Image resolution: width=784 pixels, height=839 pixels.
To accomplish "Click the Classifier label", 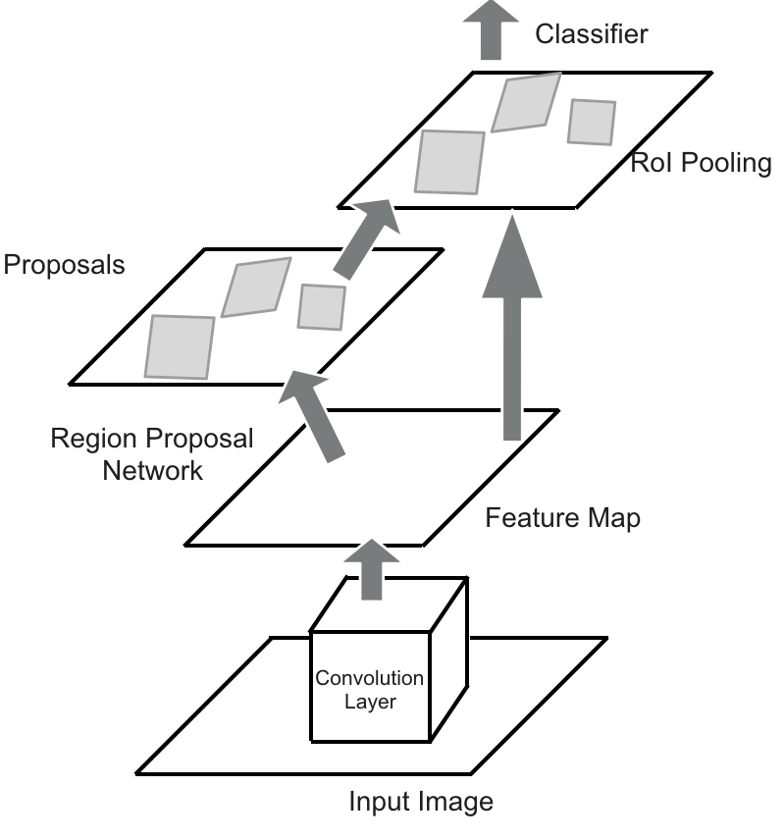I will tap(592, 35).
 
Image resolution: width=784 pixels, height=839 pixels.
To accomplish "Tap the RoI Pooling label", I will tap(701, 162).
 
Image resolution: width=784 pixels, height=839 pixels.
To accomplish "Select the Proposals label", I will tap(64, 265).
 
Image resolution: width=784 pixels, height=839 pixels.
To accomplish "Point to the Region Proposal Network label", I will tap(152, 453).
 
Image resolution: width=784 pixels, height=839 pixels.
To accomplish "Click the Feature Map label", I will tap(562, 517).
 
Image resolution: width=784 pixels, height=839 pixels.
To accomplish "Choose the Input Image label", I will tap(421, 802).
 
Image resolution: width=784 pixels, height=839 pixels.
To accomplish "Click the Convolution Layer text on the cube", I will tap(369, 690).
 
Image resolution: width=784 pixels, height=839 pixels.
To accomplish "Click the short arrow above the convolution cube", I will tap(370, 570).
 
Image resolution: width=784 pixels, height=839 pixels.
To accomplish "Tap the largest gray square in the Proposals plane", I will tap(180, 346).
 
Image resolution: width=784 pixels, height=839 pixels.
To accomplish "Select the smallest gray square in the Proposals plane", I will tap(322, 306).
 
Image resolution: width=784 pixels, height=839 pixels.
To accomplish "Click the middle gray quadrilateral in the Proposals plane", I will tap(255, 287).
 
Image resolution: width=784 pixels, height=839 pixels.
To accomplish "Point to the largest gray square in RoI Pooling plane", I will tap(449, 162).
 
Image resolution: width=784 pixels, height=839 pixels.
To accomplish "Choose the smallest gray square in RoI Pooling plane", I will tap(592, 122).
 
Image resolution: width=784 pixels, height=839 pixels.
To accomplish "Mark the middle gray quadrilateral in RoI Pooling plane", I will tap(526, 102).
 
